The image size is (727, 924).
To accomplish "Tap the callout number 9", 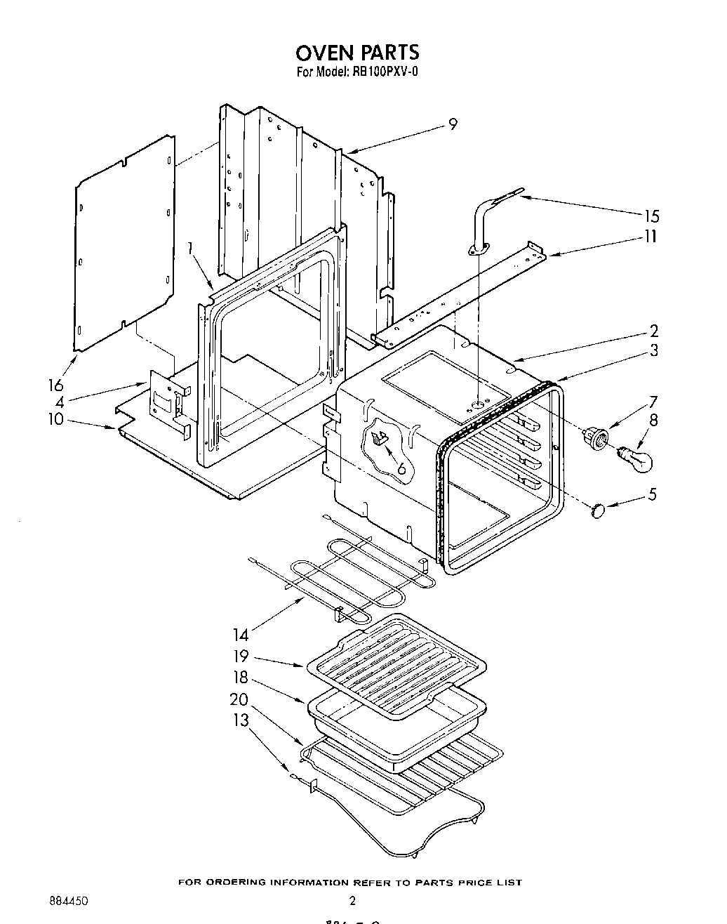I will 453,124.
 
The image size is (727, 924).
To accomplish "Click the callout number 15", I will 651,216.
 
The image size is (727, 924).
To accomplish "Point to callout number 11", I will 651,237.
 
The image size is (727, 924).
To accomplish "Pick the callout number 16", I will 55,385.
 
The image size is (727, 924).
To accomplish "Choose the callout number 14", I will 241,635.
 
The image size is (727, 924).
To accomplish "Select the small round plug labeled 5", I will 598,510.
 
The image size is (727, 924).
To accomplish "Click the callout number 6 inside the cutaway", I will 401,468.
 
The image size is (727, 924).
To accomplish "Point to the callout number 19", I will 241,656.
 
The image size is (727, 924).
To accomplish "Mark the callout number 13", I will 241,721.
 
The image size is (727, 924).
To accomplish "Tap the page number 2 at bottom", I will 352,901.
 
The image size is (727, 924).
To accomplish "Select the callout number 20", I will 239,700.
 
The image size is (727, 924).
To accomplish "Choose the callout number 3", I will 653,350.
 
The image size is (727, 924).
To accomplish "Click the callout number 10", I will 55,419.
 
